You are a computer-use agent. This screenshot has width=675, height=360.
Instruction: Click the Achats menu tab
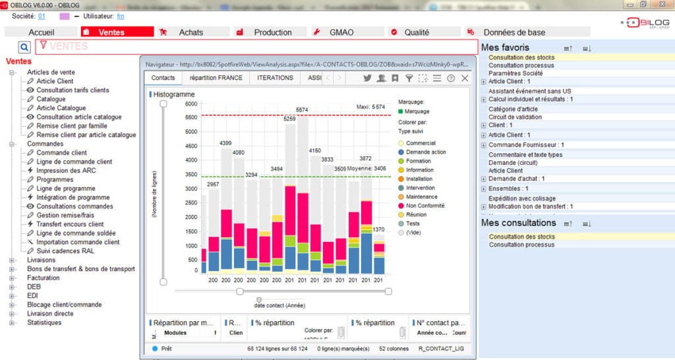click(x=191, y=32)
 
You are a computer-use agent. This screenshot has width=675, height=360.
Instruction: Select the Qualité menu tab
click(x=416, y=32)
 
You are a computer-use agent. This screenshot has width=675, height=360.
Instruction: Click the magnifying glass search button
click(x=24, y=47)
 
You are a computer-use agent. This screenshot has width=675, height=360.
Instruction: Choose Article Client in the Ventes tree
click(x=55, y=81)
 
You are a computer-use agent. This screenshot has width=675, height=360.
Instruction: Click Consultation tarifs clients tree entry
click(x=73, y=90)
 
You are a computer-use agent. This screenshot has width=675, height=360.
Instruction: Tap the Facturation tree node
click(x=43, y=278)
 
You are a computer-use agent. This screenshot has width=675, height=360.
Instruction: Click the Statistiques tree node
click(x=44, y=323)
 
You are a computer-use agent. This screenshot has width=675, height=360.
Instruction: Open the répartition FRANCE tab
click(x=216, y=78)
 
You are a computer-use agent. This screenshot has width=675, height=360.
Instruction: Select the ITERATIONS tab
click(x=275, y=78)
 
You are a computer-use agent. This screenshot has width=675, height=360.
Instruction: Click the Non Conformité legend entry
click(x=425, y=206)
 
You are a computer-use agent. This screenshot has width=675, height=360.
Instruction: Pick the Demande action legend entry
click(x=425, y=152)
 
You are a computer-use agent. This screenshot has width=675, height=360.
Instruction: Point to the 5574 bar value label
click(x=302, y=109)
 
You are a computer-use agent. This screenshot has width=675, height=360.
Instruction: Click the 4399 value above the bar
click(x=225, y=143)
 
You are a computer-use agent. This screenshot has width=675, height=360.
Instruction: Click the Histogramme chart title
click(x=173, y=95)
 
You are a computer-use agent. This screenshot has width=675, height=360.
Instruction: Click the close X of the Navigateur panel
click(x=465, y=78)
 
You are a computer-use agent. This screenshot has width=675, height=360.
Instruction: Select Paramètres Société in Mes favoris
click(x=515, y=73)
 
